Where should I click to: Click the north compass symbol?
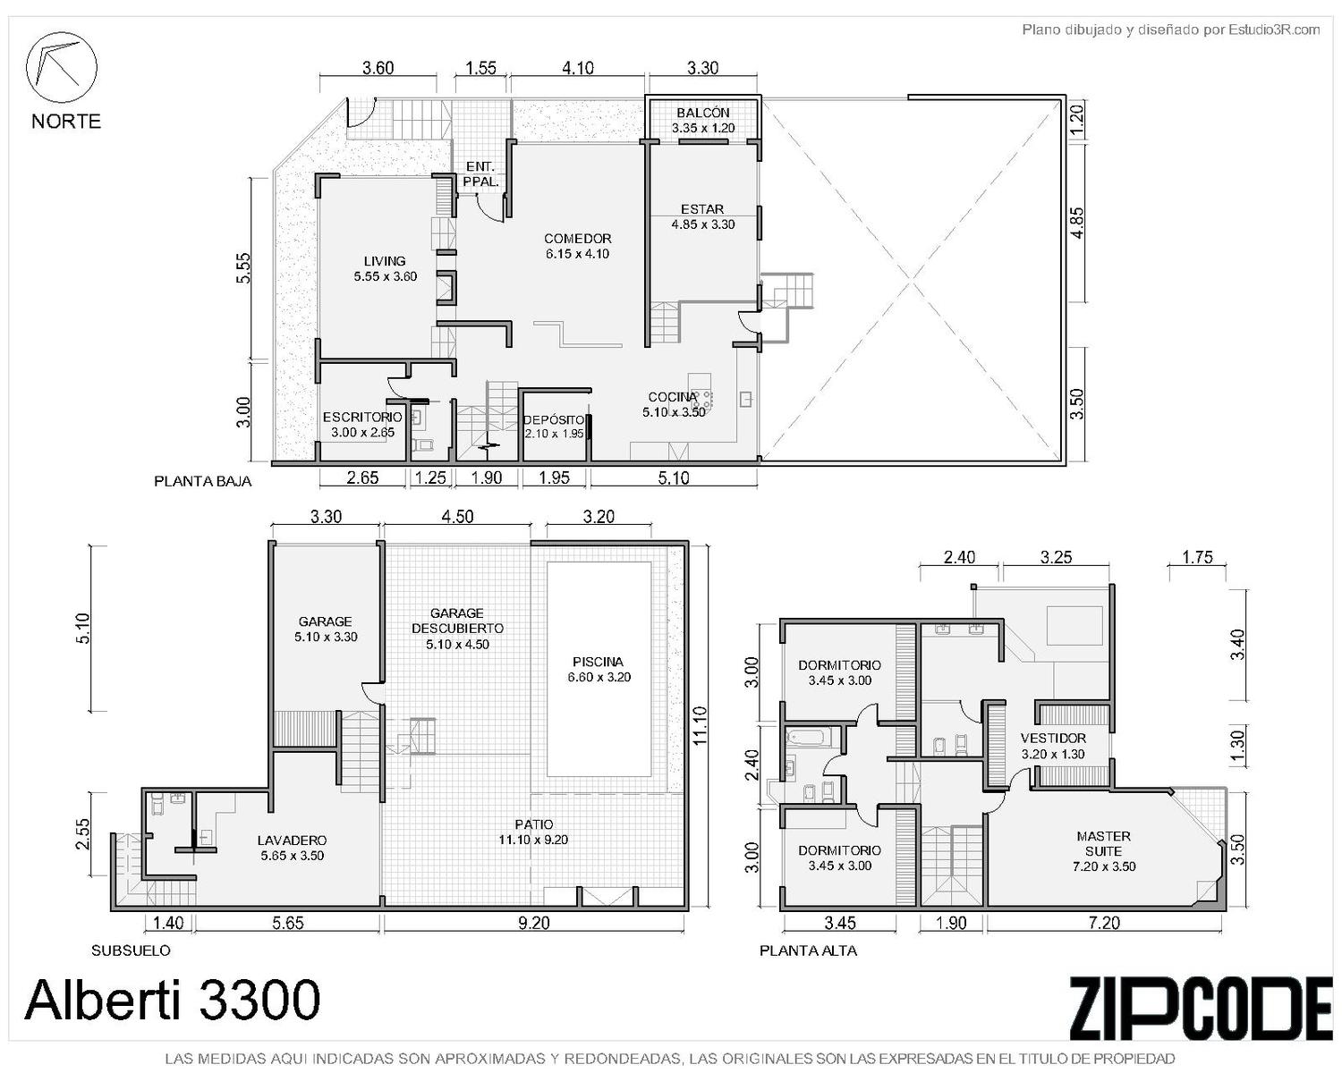click(x=61, y=67)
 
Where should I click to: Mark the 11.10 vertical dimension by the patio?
click(x=700, y=725)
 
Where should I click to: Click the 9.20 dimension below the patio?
click(x=534, y=923)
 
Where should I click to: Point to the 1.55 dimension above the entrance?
click(x=480, y=67)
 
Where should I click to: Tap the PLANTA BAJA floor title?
click(x=203, y=481)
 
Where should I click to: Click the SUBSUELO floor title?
click(x=131, y=950)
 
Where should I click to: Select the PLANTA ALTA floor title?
click(x=808, y=950)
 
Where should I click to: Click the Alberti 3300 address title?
click(x=172, y=999)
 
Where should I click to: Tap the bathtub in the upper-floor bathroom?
click(x=808, y=738)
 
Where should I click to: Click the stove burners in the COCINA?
click(x=702, y=400)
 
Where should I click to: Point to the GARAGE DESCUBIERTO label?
click(x=457, y=629)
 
